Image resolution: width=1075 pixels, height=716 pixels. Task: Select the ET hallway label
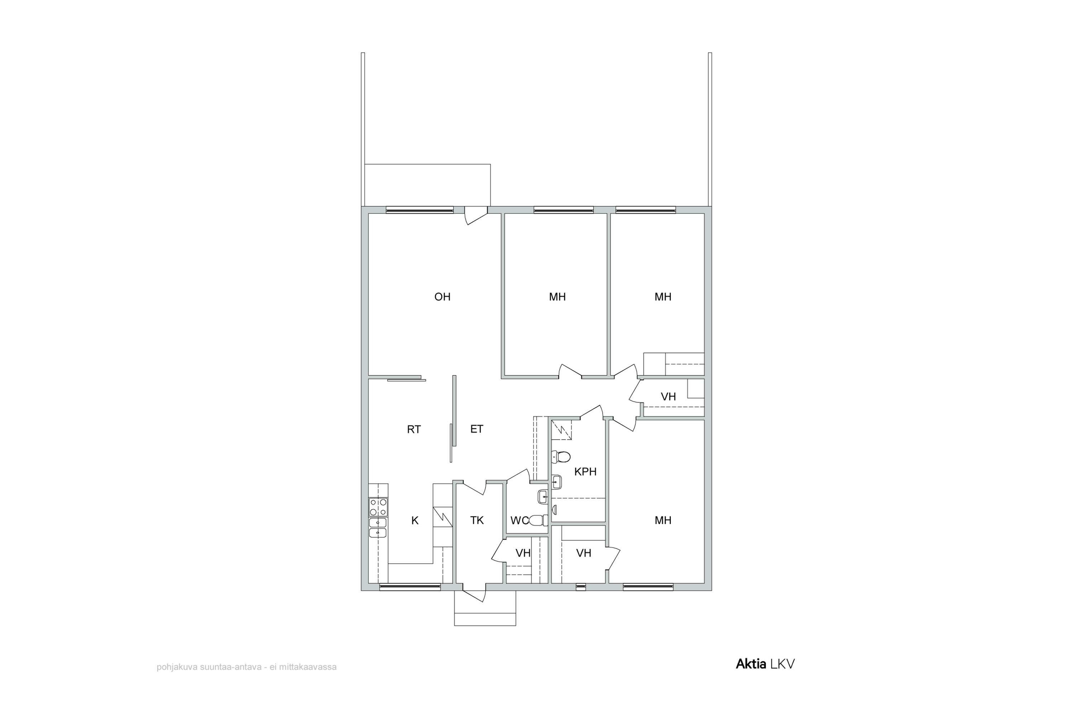pos(477,429)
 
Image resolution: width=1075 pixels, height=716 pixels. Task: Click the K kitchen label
pos(415,520)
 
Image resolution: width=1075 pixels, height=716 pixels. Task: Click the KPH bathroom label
pos(585,472)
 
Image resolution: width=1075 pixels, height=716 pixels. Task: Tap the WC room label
pos(519,520)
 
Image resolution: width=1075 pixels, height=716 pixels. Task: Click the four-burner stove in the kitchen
pos(378,507)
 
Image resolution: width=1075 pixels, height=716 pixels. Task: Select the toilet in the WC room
pos(539,520)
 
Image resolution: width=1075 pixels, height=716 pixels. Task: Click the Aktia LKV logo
pos(765,664)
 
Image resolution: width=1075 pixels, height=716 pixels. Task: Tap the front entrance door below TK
pos(474,594)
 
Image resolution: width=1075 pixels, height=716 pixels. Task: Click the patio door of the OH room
pos(476,216)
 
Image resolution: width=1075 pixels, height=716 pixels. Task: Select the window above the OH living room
pos(420,210)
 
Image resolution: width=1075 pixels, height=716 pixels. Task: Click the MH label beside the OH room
pos(557,297)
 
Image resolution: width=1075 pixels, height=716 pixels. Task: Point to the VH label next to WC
pos(523,553)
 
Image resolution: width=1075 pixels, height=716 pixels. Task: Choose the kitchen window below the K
pos(410,587)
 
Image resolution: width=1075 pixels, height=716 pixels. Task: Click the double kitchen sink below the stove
pos(378,527)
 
